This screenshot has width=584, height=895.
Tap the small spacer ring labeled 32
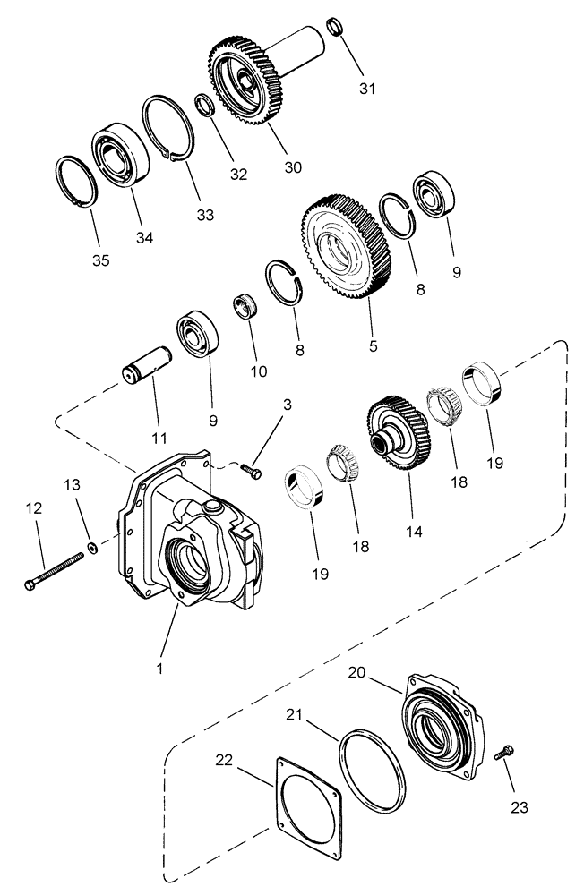coord(204,107)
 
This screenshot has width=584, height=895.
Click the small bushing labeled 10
coord(245,306)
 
